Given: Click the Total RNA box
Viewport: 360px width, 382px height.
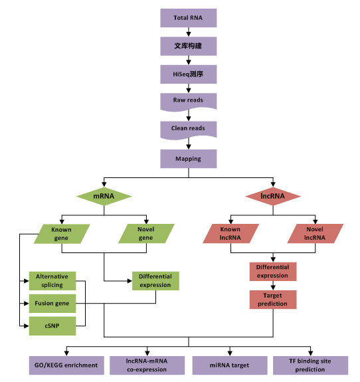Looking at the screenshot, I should [x=189, y=18].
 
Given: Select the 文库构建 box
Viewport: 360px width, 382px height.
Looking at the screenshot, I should [x=189, y=46].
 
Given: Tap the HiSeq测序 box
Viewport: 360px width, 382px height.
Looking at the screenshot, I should [x=189, y=74].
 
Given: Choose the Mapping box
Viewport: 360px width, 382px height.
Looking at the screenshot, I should [x=189, y=159].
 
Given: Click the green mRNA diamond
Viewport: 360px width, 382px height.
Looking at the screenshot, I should [x=104, y=197].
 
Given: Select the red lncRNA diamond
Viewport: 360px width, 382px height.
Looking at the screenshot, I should [x=273, y=197].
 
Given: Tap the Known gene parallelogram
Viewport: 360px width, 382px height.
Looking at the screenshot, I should [x=61, y=233].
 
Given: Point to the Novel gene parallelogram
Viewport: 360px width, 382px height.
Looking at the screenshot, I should [x=145, y=233].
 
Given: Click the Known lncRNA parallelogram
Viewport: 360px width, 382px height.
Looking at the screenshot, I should [x=230, y=233].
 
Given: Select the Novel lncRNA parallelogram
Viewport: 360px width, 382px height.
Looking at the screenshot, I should [x=315, y=233].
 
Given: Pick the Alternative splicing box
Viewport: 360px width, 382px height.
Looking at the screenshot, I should [x=52, y=280].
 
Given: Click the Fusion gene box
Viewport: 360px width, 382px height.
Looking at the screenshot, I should [x=52, y=303].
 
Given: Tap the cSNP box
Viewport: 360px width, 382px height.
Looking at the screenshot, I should [x=52, y=326].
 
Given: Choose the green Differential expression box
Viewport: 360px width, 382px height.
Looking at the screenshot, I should [x=155, y=280].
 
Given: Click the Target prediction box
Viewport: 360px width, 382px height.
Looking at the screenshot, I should [x=273, y=299].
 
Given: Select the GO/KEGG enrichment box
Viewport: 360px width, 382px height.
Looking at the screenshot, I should [x=66, y=365].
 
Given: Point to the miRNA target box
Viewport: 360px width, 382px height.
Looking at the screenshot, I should [x=230, y=365].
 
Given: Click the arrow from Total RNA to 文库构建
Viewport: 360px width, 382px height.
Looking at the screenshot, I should [x=189, y=32].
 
